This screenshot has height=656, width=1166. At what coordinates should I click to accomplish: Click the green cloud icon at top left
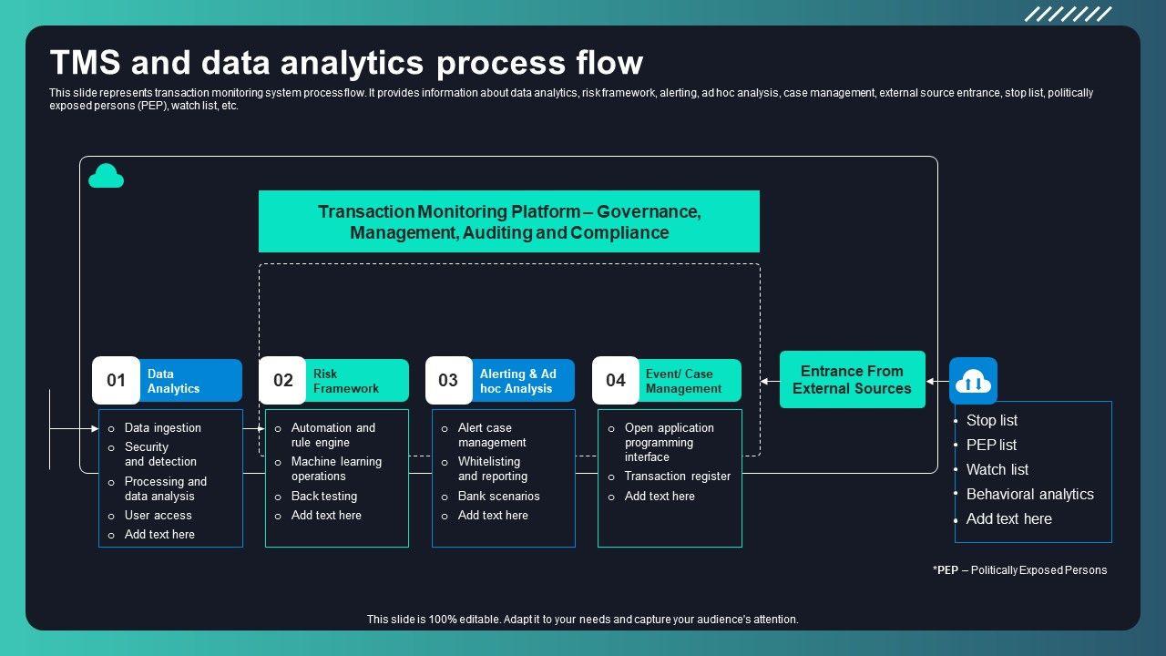click(106, 176)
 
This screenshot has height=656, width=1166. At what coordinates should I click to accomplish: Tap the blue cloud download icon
click(973, 381)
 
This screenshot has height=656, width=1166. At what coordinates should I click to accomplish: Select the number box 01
click(116, 381)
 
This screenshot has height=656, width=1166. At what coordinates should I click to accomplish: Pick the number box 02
click(282, 381)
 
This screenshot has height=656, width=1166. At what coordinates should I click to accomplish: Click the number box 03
click(448, 381)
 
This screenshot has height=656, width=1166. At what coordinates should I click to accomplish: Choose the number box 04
click(616, 381)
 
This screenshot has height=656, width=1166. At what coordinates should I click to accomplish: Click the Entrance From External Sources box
click(852, 380)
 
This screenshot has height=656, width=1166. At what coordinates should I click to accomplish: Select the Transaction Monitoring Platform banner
click(509, 221)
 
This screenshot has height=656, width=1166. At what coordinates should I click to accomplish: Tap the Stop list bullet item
click(992, 420)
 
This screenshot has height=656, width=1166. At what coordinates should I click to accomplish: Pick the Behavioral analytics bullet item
click(1029, 494)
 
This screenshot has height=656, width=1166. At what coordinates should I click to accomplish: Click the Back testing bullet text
click(324, 496)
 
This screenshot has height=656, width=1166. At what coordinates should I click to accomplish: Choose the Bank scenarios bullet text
click(498, 496)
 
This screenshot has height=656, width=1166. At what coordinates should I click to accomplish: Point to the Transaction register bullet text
click(678, 476)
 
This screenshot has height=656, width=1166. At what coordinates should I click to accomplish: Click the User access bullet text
click(159, 515)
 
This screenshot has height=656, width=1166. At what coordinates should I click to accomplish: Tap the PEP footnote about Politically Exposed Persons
click(1019, 570)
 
